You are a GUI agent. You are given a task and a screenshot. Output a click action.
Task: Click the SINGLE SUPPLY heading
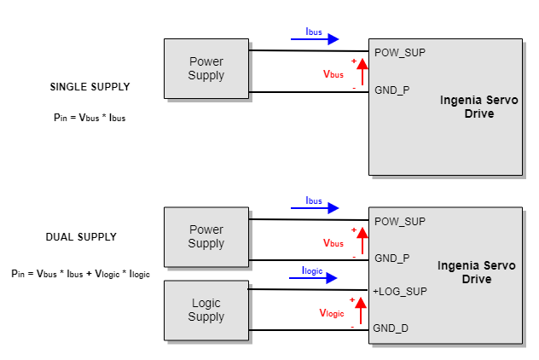(90, 87)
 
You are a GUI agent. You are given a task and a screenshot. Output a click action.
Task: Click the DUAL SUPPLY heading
(81, 236)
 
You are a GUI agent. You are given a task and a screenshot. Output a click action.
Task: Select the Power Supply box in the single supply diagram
(206, 68)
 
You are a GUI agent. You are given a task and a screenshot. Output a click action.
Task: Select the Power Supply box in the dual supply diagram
(206, 236)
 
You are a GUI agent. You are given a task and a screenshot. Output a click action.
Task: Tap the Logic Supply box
(206, 310)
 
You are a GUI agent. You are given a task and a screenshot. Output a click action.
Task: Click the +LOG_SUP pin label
(400, 292)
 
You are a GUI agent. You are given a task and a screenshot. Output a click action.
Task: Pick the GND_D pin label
(391, 328)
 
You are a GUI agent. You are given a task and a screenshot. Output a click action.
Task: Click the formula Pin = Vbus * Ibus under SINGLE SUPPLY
(89, 118)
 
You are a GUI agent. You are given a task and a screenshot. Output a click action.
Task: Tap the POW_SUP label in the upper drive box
(400, 52)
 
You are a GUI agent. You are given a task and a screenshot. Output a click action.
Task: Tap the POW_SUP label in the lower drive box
(400, 221)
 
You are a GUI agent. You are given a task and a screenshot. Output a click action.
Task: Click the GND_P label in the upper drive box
(392, 89)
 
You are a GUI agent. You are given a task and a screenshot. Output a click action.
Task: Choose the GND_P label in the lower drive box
(392, 258)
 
